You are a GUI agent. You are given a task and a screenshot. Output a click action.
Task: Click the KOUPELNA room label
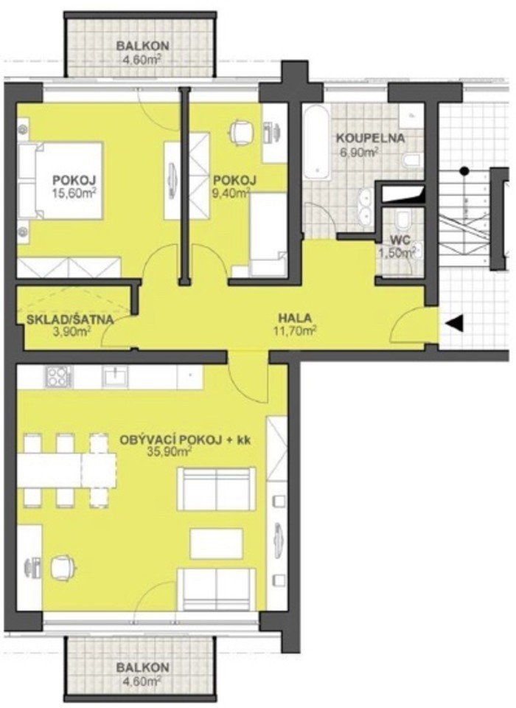[x=371, y=139]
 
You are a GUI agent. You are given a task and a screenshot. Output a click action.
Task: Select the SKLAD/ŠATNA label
[x=70, y=319]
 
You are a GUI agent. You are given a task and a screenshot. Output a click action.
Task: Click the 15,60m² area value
[x=76, y=192]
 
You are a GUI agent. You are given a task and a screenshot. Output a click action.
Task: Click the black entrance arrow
[x=454, y=323]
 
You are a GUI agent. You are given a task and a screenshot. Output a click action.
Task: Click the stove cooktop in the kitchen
[x=58, y=376]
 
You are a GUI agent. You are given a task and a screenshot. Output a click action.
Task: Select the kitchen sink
[x=116, y=376]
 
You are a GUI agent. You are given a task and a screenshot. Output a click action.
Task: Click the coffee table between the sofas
[x=216, y=544]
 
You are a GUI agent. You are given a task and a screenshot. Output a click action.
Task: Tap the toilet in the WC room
[x=402, y=221]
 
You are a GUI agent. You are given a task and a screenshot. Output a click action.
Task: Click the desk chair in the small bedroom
[x=240, y=132]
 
